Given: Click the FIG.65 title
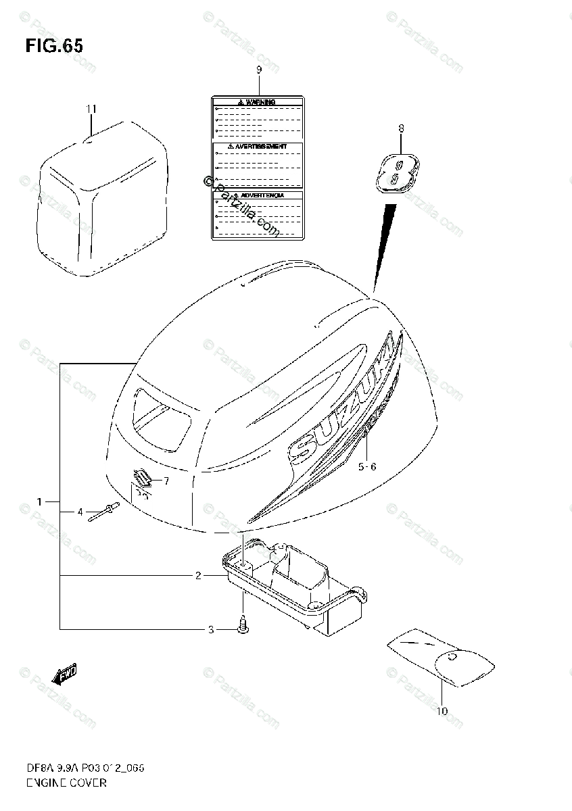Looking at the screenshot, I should tap(54, 46).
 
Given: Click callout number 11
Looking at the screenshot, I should tap(91, 109).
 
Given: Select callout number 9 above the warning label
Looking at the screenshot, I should tap(258, 70).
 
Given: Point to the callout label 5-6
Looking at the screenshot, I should tap(366, 466).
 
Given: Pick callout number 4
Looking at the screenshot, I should tap(80, 512).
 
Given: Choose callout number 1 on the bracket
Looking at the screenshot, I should tap(40, 501).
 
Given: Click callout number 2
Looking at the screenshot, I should tap(197, 576).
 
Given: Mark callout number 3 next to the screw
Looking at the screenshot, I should tap(210, 630).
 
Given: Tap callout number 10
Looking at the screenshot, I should tap(442, 710).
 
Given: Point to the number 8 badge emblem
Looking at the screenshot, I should tap(396, 170).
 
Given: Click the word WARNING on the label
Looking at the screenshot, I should tap(260, 102).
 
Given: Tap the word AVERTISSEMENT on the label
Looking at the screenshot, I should tap(260, 146).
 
